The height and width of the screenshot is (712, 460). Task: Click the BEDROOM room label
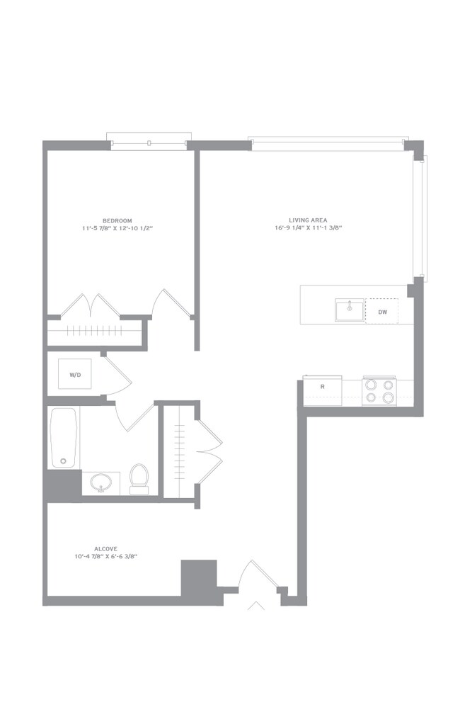(x=117, y=220)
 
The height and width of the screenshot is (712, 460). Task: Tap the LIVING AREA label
(x=308, y=220)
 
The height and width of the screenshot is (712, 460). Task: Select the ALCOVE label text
(x=105, y=548)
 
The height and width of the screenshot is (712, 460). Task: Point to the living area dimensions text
(x=308, y=228)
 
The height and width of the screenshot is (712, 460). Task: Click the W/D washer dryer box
(x=75, y=374)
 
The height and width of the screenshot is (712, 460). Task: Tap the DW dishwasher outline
(x=382, y=312)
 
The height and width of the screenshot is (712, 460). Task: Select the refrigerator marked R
(x=323, y=390)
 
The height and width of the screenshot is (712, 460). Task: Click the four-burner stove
(x=379, y=391)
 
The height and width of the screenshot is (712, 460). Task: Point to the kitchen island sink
(x=350, y=310)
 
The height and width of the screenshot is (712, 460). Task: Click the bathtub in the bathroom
(x=64, y=438)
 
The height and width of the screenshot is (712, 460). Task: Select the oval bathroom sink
(x=100, y=482)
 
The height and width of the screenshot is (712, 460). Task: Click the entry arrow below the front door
(x=256, y=606)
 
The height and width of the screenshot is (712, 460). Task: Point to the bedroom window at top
(x=149, y=141)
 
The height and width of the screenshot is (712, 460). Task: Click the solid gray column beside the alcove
(x=199, y=577)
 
